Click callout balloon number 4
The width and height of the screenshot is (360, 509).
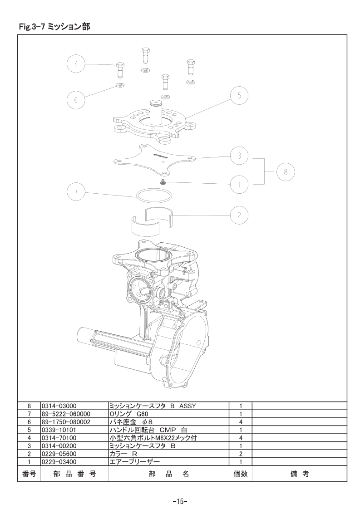76,64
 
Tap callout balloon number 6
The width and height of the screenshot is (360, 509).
76,99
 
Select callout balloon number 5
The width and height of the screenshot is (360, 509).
239,96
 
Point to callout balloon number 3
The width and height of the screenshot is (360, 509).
239,156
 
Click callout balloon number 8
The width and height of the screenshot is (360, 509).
286,172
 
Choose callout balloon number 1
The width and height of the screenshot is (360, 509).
239,185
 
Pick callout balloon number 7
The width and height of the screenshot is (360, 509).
76,191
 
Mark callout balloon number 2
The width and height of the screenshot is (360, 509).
239,215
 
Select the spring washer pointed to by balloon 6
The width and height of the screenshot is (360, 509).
121,86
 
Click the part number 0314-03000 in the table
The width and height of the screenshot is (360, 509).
59,406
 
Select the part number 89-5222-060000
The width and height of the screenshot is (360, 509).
66,414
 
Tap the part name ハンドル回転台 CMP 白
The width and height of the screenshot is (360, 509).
148,430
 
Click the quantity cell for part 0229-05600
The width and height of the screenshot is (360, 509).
241,454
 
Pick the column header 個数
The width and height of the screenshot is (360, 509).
241,474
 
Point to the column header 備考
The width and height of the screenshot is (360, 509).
300,474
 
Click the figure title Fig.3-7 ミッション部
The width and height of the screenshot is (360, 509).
54,27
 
